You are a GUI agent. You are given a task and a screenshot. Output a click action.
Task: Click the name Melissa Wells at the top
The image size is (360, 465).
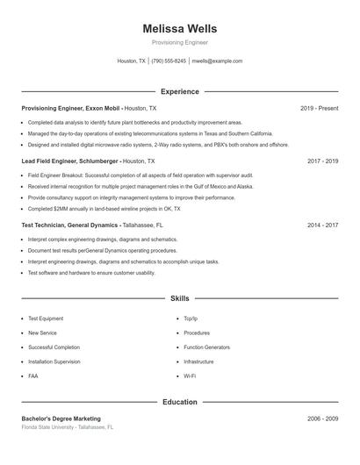pyautogui.click(x=179, y=29)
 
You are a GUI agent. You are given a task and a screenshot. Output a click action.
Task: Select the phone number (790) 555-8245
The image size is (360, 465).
pyautogui.click(x=169, y=61)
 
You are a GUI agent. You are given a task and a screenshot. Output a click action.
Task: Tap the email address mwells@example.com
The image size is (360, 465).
pyautogui.click(x=217, y=61)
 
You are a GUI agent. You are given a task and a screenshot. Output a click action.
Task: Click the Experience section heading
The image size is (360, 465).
pyautogui.click(x=179, y=91)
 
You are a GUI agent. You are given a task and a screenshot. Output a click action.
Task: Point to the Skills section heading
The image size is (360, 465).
pyautogui.click(x=179, y=298)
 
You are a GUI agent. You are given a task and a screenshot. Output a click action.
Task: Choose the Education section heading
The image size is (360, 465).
pyautogui.click(x=179, y=402)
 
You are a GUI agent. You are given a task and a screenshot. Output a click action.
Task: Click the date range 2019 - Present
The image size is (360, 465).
pyautogui.click(x=319, y=108)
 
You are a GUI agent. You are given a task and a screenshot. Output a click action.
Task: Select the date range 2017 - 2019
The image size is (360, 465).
pyautogui.click(x=322, y=161)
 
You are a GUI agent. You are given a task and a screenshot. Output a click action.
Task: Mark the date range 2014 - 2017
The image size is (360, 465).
pyautogui.click(x=322, y=225)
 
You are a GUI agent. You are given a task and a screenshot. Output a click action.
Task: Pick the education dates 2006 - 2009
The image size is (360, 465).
pyautogui.click(x=322, y=418)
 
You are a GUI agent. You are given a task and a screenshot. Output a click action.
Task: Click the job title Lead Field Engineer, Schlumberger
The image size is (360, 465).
pyautogui.click(x=70, y=161)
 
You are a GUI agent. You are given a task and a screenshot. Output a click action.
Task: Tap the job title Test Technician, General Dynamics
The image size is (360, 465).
pyautogui.click(x=70, y=225)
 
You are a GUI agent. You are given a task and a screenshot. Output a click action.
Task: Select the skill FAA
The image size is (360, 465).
pyautogui.click(x=33, y=376)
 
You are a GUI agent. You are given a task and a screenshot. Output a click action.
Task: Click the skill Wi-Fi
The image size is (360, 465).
pyautogui.click(x=190, y=376)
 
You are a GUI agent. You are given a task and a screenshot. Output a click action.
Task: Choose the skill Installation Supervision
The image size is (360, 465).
pyautogui.click(x=54, y=361)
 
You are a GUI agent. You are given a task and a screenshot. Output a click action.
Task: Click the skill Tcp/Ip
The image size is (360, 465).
pyautogui.click(x=191, y=319)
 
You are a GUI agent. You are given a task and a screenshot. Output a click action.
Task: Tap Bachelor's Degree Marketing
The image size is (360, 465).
pyautogui.click(x=61, y=418)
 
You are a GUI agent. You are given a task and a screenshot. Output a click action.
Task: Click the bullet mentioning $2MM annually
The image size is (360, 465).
pyautogui.click(x=104, y=209)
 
